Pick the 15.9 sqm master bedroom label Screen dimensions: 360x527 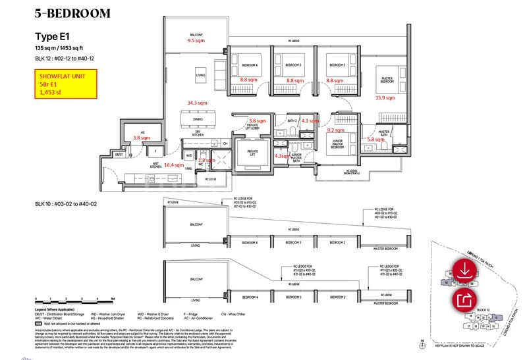tap(385, 98)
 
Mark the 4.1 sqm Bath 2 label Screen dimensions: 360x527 tap(310, 121)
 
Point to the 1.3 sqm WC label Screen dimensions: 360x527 tap(206, 160)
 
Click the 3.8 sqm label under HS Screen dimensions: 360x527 tap(141, 138)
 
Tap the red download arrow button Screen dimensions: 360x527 tap(464, 270)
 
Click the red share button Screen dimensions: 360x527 tap(464, 301)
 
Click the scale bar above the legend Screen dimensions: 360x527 tap(75, 299)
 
